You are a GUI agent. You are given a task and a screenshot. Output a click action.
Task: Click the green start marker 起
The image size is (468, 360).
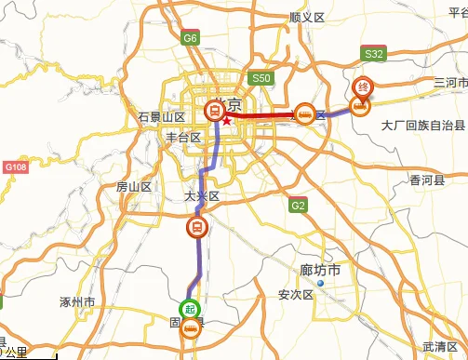[x=189, y=310]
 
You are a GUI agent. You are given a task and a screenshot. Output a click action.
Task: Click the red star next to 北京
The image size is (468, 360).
[x=226, y=120]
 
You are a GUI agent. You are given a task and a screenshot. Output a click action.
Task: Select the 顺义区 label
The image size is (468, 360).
[x=305, y=17]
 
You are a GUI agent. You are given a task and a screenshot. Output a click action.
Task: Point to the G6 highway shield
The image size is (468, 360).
[x=191, y=39]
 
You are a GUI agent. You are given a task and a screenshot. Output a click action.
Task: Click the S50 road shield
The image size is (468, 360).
[x=260, y=79]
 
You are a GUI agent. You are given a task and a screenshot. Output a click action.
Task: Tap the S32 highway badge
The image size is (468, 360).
[x=375, y=55]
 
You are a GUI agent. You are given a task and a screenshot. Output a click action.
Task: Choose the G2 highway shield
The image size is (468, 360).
[x=298, y=206]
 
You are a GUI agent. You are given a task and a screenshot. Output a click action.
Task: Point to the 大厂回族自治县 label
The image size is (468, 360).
[x=423, y=125]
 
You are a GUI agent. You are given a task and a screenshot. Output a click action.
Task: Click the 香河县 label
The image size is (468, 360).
[x=427, y=180]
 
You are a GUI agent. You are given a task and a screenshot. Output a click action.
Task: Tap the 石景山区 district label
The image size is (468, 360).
[x=162, y=117]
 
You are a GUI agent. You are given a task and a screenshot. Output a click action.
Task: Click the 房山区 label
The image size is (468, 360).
[x=133, y=187]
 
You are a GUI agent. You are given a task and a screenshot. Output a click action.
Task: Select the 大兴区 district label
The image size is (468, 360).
[x=201, y=197]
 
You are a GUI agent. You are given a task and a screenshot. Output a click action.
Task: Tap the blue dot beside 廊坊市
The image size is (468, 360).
[x=319, y=283]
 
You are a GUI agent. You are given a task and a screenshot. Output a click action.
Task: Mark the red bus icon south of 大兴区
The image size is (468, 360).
[x=196, y=226]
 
